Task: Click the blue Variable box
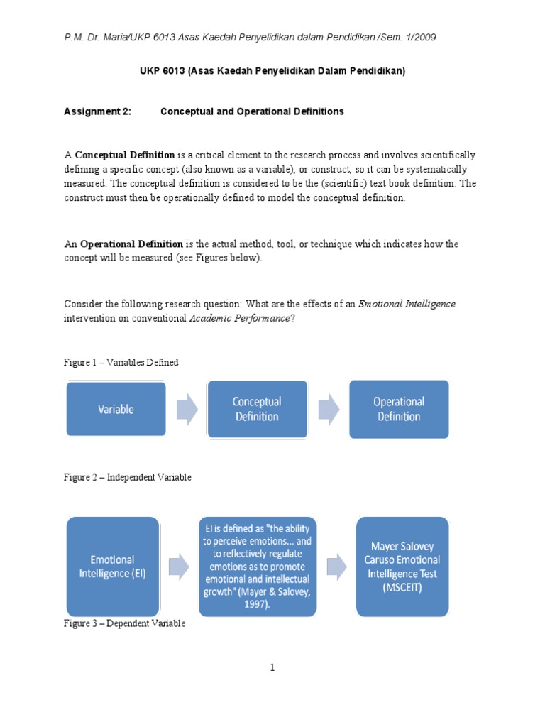[x=116, y=409]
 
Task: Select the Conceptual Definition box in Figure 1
[x=257, y=409]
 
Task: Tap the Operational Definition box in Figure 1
[x=399, y=409]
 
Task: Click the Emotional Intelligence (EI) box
[x=113, y=566]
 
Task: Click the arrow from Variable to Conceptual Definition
[x=187, y=409]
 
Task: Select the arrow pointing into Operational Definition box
[x=328, y=409]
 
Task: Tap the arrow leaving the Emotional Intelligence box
[x=178, y=566]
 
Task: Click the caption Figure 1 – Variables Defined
[x=121, y=362]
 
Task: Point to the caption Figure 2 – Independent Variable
[x=128, y=477]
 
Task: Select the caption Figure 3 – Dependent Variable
[x=125, y=623]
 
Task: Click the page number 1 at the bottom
[x=272, y=667]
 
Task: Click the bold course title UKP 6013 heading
[x=272, y=72]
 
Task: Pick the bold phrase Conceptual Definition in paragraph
[x=125, y=155]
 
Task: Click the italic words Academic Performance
[x=239, y=318]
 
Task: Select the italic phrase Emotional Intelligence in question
[x=407, y=304]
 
